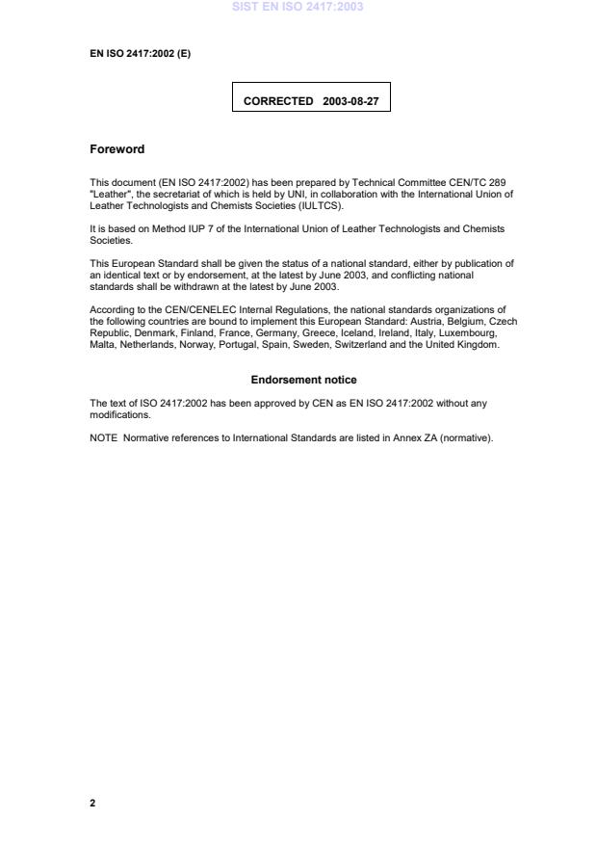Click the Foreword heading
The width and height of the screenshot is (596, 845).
[117, 149]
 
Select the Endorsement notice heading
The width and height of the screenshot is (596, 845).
[303, 380]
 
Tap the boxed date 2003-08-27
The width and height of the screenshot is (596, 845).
[350, 100]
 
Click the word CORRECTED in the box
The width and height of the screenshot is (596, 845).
[278, 100]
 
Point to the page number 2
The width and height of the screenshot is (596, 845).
[92, 803]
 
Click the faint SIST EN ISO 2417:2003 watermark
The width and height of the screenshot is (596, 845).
[298, 7]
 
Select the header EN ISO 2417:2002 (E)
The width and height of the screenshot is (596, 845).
[140, 53]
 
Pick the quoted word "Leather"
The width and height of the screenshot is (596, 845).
[109, 195]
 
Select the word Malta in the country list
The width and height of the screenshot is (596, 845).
[101, 344]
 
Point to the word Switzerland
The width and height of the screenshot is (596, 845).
[358, 344]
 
